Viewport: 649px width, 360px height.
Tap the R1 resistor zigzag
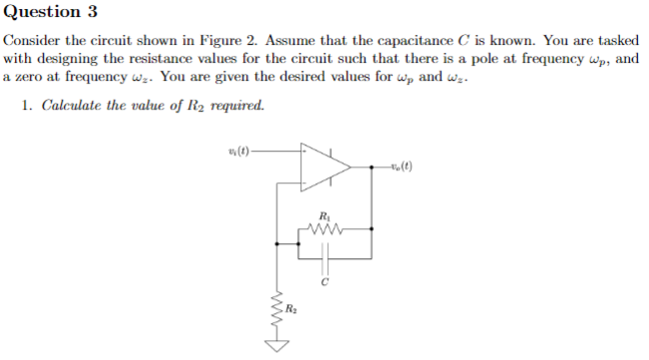tap(325, 228)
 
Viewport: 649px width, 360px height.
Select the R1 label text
tap(324, 214)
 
